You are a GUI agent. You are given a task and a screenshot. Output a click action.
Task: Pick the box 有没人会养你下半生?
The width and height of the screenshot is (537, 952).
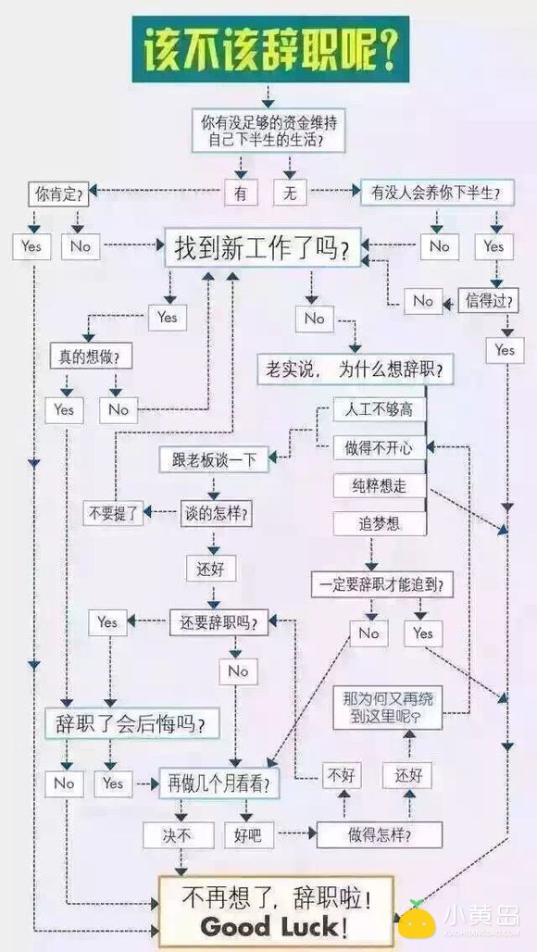429,194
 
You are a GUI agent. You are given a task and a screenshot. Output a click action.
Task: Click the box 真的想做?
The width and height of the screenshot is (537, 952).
90,356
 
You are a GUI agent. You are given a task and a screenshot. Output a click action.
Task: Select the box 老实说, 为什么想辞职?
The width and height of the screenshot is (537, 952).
355,370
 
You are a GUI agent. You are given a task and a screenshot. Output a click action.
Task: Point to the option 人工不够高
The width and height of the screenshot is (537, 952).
380,409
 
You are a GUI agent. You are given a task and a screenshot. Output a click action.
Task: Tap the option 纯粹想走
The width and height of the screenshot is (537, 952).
380,485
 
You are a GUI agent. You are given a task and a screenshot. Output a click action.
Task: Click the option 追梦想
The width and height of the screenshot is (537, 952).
380,523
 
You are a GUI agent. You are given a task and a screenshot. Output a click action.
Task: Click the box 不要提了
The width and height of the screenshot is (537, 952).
111,512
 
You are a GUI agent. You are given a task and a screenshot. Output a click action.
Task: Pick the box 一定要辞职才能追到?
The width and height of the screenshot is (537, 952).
381,584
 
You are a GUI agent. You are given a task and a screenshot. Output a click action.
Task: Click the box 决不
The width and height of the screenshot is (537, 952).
178,835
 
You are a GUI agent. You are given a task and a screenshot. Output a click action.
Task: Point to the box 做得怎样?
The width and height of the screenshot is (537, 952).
380,834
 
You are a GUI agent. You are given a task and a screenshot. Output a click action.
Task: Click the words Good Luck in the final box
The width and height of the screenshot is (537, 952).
275,926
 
